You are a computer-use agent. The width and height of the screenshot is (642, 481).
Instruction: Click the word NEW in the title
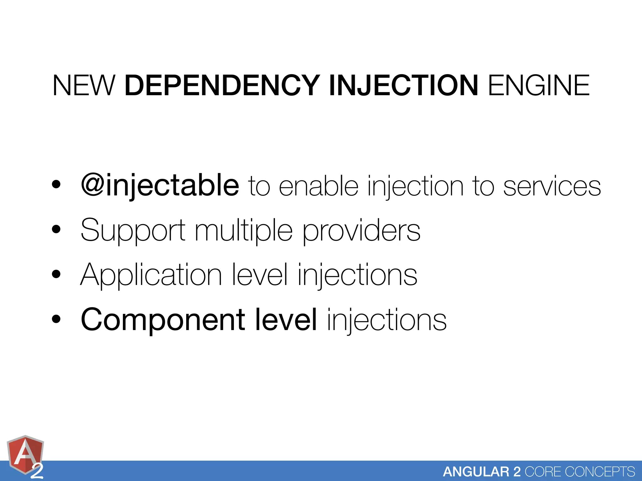(x=84, y=85)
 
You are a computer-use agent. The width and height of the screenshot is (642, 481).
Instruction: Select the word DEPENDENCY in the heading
(x=222, y=85)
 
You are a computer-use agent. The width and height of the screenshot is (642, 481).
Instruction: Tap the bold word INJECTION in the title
(x=403, y=85)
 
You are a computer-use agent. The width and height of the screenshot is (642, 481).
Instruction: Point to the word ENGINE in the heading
(x=539, y=85)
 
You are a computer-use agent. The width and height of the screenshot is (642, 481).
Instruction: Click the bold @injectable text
(x=160, y=185)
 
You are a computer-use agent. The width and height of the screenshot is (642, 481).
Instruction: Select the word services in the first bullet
(x=552, y=187)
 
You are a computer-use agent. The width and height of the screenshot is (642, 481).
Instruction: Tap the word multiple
(x=244, y=231)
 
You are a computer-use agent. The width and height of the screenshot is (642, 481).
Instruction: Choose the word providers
(x=361, y=231)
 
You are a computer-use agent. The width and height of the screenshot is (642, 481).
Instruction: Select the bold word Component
(x=163, y=320)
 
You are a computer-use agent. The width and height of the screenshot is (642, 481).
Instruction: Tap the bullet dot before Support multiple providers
(x=56, y=230)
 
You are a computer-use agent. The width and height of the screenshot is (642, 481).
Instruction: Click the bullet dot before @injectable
(x=56, y=185)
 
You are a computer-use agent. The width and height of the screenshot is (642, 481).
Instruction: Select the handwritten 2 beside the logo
(x=37, y=472)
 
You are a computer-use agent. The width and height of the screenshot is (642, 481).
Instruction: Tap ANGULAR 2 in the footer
(x=481, y=472)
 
